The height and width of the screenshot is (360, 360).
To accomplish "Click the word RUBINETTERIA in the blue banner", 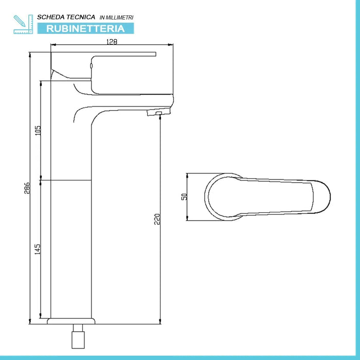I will (85, 28).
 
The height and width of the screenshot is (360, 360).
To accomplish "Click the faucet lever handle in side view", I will (123, 55).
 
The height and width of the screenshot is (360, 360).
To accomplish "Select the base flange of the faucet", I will (71, 322).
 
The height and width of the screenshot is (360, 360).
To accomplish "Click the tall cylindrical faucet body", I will (71, 216).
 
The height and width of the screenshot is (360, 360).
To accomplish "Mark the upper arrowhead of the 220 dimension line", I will (160, 114).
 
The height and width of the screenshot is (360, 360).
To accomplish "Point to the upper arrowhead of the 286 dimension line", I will (30, 53).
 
